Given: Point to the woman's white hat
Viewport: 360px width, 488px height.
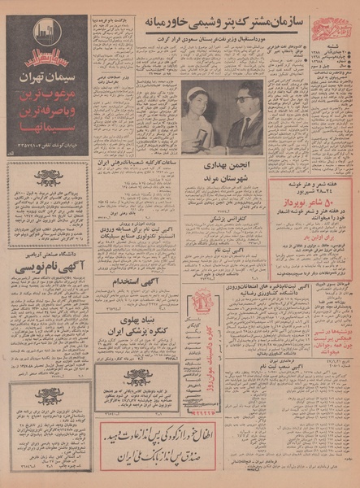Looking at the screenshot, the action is [x=197, y=97].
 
